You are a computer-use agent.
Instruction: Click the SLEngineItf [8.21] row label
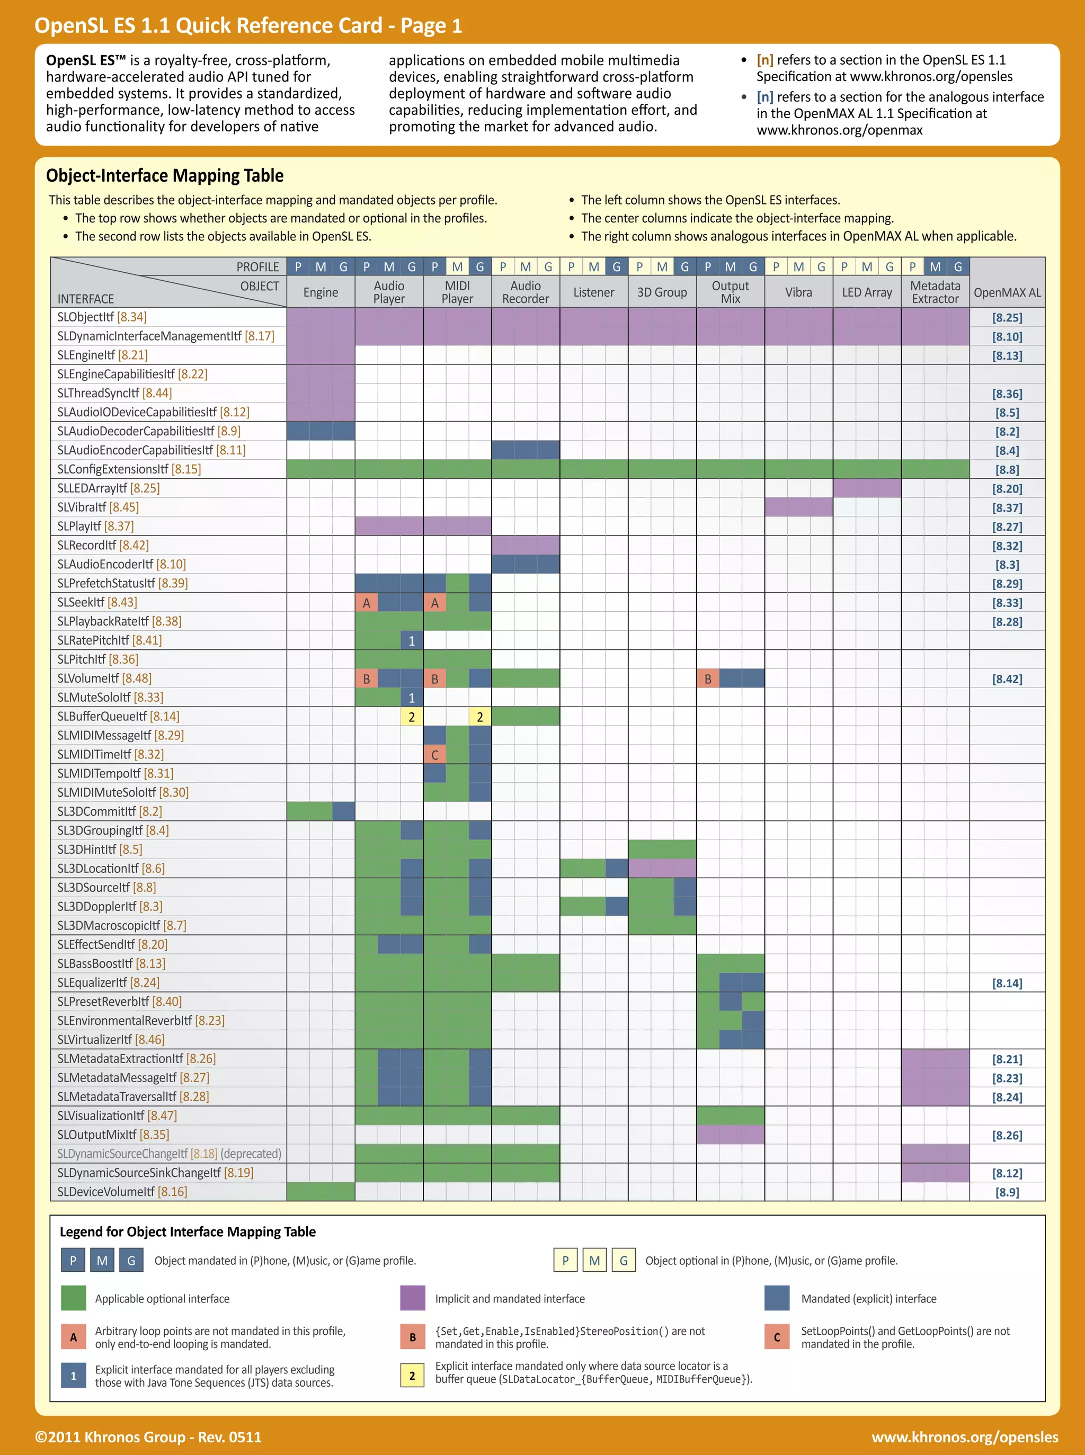(102, 355)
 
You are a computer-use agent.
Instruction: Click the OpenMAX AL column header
(1007, 293)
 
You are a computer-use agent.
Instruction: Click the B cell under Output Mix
(707, 679)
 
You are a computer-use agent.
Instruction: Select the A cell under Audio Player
(367, 603)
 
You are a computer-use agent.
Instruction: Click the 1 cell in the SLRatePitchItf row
(412, 641)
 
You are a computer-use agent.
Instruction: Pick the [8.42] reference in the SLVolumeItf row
(1007, 679)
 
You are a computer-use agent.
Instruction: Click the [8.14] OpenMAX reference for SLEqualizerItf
(1007, 983)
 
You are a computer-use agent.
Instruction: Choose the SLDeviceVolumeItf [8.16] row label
(122, 1192)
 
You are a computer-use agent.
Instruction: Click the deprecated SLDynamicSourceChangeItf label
(169, 1154)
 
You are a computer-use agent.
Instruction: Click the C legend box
(777, 1337)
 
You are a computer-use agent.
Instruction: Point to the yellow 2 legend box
(413, 1376)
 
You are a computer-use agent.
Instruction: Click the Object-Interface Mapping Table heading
(165, 175)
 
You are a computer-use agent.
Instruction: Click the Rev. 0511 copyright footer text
(148, 1436)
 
